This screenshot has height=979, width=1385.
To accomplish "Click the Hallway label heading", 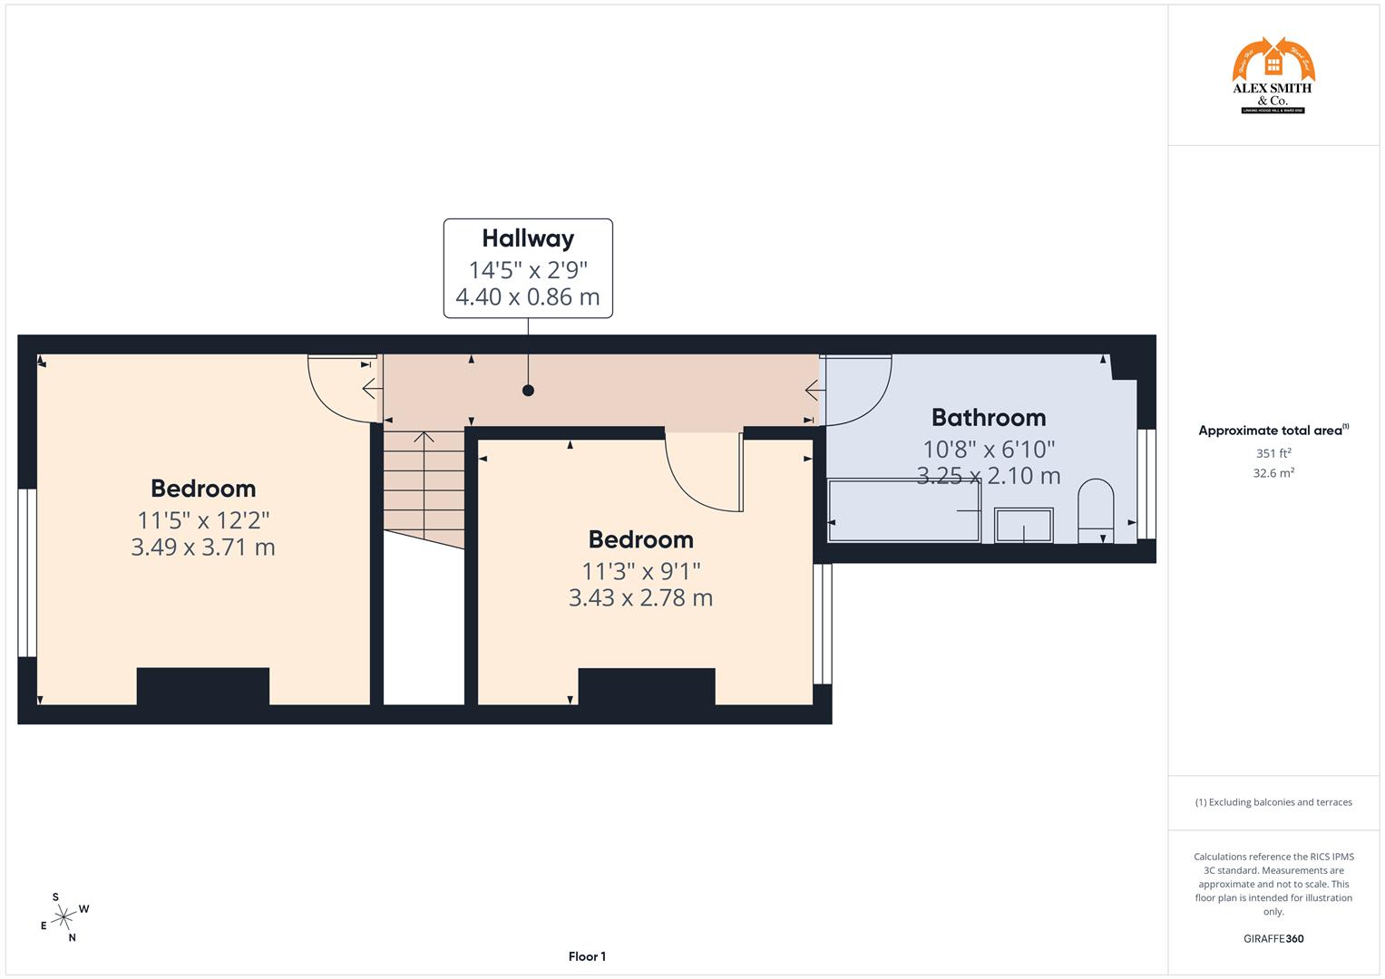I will click(x=528, y=238).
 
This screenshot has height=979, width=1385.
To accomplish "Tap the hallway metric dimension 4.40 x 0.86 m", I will click(x=528, y=297).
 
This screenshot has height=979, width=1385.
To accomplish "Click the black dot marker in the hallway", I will click(x=528, y=391).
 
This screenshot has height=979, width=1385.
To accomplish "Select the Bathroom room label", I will click(x=989, y=418).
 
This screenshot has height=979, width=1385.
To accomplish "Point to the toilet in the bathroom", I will click(x=1095, y=511).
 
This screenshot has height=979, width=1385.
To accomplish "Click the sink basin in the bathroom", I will click(x=1024, y=525).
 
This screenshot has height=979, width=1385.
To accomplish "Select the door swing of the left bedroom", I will click(x=342, y=388).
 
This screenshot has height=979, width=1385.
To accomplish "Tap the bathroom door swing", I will click(x=855, y=390).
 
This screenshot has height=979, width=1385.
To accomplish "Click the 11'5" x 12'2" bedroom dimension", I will click(x=203, y=520).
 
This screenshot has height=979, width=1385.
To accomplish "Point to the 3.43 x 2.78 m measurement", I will click(x=640, y=598).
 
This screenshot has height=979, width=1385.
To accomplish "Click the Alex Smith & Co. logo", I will click(x=1273, y=76).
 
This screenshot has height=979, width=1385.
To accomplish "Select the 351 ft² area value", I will click(x=1273, y=453).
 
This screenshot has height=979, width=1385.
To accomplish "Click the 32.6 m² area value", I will click(x=1273, y=472).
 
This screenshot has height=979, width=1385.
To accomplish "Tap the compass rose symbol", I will click(x=63, y=917).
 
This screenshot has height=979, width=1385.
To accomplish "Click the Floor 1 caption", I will click(x=587, y=956).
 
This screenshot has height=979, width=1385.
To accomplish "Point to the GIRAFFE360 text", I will click(x=1273, y=938).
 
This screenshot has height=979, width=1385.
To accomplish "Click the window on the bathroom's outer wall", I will click(x=1146, y=483).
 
